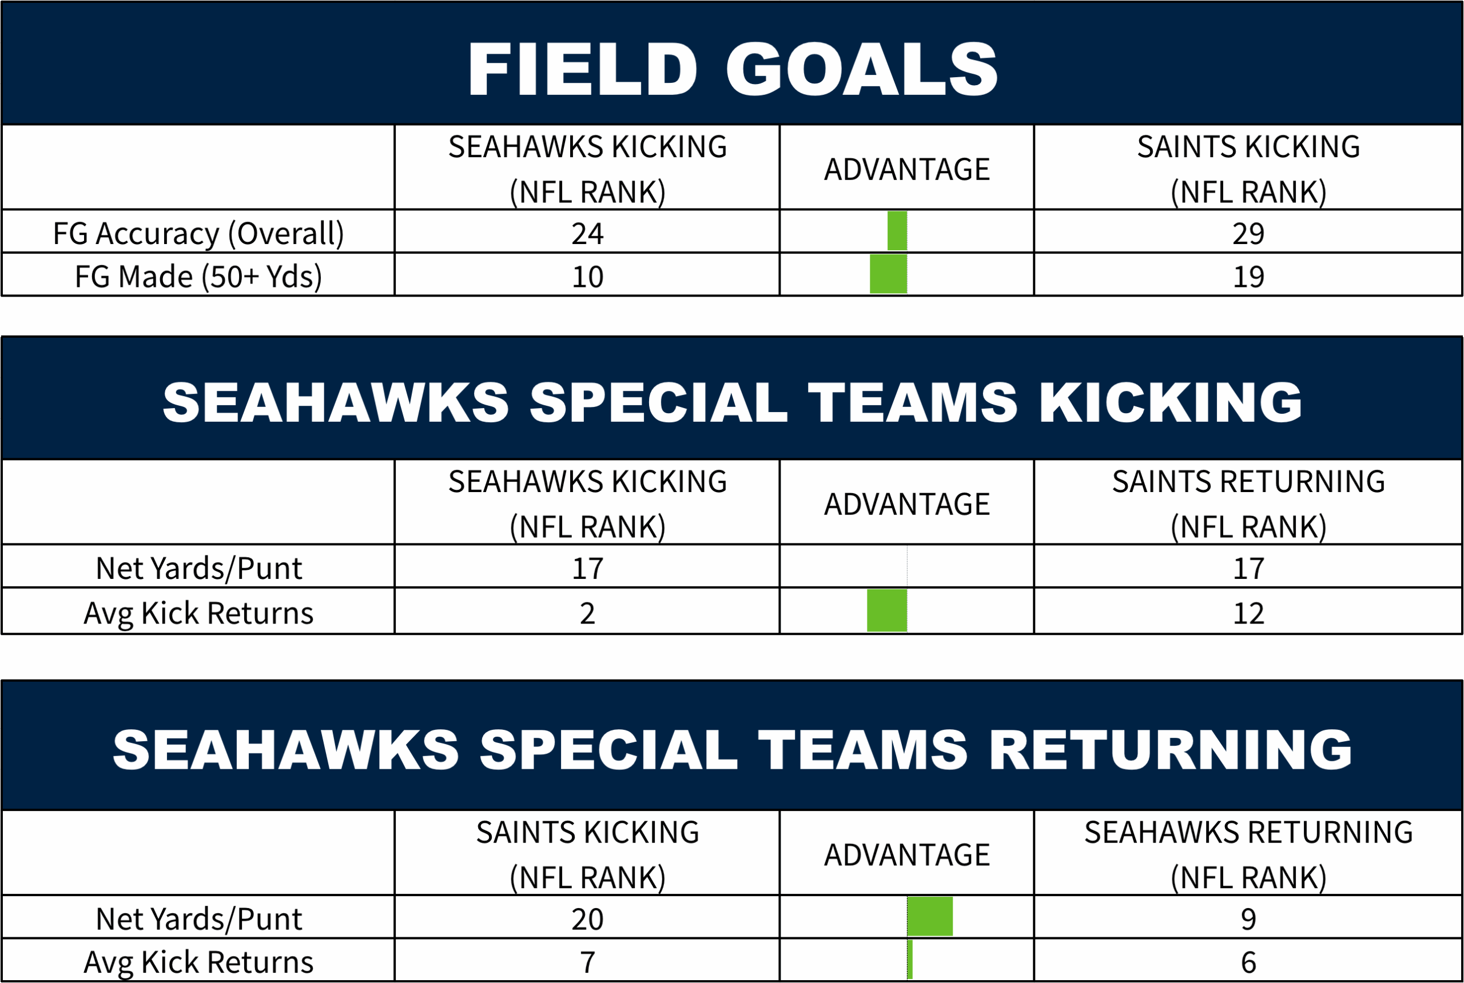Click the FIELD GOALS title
[x=733, y=69]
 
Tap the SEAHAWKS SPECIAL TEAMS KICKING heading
[x=733, y=402]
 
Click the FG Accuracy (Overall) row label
[x=198, y=234]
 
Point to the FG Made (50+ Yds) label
[x=198, y=277]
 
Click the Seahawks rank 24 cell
[x=587, y=234]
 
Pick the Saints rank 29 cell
[x=1248, y=234]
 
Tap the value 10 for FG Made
[x=587, y=277]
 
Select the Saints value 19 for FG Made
[x=1248, y=277]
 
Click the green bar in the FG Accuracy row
[x=897, y=231]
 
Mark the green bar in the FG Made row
[x=888, y=274]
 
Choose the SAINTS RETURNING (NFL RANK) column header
[x=1248, y=504]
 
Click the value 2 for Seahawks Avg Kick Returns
[x=587, y=613]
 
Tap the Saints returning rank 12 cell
[x=1248, y=613]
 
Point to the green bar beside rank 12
[x=887, y=610]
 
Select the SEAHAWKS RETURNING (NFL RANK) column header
[x=1248, y=854]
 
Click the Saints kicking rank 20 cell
[x=587, y=919]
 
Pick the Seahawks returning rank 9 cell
[x=1248, y=919]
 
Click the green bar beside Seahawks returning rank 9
[x=930, y=917]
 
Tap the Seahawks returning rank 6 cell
[x=1248, y=962]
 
